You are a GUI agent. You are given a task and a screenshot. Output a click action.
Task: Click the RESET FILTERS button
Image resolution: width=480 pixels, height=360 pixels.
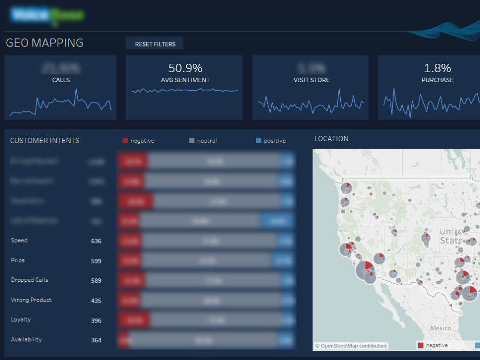tap(155, 44)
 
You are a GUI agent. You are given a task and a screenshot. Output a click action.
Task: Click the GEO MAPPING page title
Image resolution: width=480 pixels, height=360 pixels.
tap(44, 43)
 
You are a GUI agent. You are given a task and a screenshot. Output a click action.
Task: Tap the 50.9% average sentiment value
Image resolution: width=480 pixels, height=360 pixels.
tap(185, 68)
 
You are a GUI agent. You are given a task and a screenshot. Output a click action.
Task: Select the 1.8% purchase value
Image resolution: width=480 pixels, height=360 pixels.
tap(437, 68)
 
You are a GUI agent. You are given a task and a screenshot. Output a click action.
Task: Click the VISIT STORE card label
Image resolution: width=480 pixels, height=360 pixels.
tap(311, 80)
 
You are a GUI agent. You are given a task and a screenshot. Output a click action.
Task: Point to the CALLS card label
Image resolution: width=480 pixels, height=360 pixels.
tap(61, 80)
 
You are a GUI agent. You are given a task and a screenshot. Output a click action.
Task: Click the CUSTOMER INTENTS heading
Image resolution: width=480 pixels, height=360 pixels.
tap(45, 141)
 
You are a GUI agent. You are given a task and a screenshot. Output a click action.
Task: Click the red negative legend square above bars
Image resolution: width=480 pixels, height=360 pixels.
tap(125, 141)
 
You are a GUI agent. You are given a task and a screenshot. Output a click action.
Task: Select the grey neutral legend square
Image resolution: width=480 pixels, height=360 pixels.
tap(192, 141)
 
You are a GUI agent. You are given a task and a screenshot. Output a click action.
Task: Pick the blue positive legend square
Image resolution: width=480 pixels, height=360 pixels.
tap(259, 141)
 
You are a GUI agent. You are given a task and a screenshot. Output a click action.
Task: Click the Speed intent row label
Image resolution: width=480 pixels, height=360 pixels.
tap(19, 240)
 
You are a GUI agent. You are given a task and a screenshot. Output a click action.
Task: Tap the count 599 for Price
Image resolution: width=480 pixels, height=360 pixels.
tap(96, 261)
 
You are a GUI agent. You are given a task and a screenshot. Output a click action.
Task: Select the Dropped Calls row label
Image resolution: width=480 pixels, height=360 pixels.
tap(29, 280)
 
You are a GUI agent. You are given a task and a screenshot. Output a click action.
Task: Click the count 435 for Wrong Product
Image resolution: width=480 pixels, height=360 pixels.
tap(96, 300)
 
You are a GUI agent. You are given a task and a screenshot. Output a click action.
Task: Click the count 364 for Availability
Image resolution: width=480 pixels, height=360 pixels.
tap(96, 340)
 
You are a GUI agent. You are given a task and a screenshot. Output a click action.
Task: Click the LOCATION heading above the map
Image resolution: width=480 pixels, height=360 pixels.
tap(331, 139)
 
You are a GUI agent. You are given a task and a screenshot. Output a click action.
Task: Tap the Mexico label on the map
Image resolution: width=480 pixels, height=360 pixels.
tap(440, 328)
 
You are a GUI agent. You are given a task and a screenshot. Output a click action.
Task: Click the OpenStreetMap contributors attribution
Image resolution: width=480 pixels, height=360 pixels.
tap(351, 346)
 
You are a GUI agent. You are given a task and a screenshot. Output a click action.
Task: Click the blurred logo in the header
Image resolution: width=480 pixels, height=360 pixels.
tap(47, 15)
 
